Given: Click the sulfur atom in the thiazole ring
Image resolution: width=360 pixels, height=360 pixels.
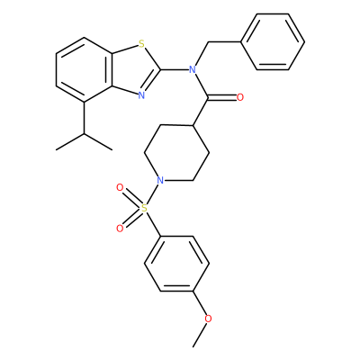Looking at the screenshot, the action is click(x=141, y=45).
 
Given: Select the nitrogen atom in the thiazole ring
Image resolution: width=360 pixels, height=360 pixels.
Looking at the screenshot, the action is click(x=141, y=95).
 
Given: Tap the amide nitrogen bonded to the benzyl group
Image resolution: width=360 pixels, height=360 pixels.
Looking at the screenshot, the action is click(x=193, y=70).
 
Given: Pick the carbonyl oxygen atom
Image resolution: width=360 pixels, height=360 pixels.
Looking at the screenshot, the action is click(x=239, y=97).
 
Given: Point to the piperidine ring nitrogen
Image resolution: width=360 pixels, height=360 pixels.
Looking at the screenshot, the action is click(x=160, y=180).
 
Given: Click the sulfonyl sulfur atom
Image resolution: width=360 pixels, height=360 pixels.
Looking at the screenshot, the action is click(x=145, y=208).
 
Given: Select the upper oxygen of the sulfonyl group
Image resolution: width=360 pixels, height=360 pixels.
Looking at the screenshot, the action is click(x=120, y=188).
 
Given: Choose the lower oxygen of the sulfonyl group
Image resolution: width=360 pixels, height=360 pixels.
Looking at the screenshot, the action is click(x=120, y=229).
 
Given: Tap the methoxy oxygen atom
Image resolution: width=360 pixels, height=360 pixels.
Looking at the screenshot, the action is click(x=208, y=319).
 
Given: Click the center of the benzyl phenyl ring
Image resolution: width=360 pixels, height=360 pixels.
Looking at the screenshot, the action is click(x=273, y=41).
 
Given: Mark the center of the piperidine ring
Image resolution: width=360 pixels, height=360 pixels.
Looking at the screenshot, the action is click(x=176, y=153).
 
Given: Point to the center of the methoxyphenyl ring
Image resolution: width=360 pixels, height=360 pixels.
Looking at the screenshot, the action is click(x=176, y=264).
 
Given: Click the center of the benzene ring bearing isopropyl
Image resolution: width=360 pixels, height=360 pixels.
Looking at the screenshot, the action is click(x=85, y=70).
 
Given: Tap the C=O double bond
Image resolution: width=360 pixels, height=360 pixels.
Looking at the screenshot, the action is click(x=222, y=97).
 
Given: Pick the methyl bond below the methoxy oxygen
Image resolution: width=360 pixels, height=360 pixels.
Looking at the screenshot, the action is click(x=201, y=335).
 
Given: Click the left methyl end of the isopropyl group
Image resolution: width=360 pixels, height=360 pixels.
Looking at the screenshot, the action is click(x=57, y=149).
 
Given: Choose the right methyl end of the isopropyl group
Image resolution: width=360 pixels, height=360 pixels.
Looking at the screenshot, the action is click(x=112, y=149).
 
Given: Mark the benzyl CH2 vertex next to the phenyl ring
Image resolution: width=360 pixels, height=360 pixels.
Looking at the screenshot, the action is click(x=208, y=42).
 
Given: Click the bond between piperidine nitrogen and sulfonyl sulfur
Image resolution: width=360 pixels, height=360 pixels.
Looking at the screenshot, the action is click(x=152, y=194).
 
